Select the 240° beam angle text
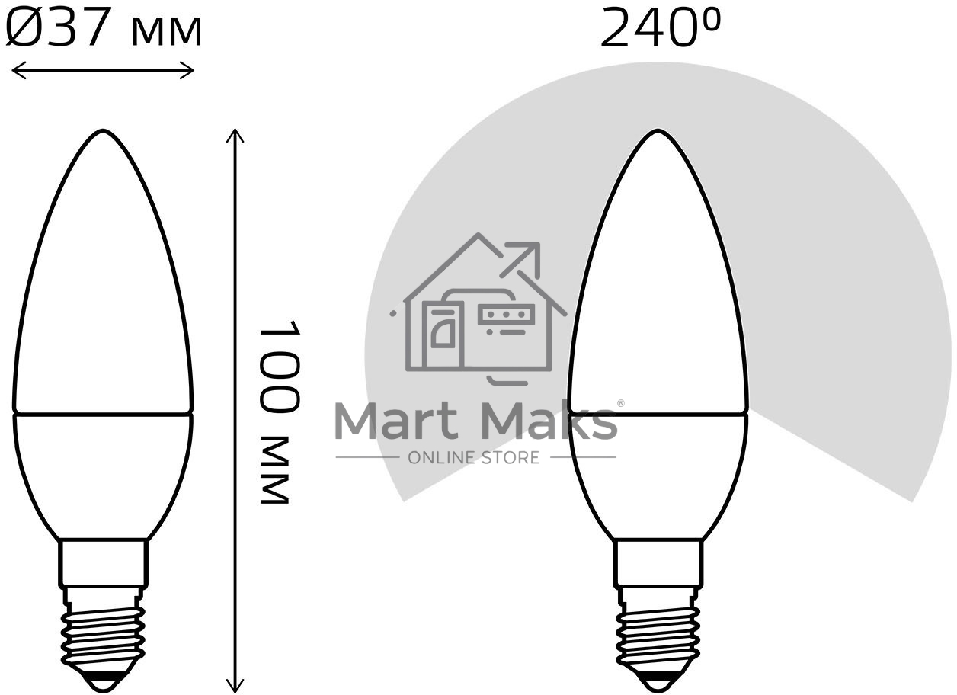pyautogui.click(x=660, y=29)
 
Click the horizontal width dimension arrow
pyautogui.click(x=104, y=71)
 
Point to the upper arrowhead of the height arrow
pyautogui.click(x=235, y=136)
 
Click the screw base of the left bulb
pyautogui.click(x=103, y=633)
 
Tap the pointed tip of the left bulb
pyautogui.click(x=103, y=133)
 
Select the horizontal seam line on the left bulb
pyautogui.click(x=103, y=414)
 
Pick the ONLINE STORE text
pyautogui.click(x=474, y=457)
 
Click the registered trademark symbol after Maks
pyautogui.click(x=620, y=402)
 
